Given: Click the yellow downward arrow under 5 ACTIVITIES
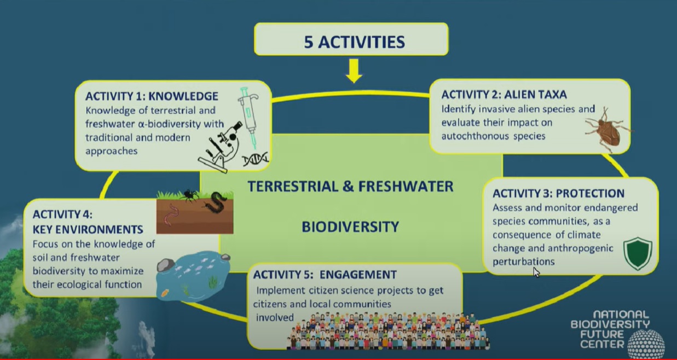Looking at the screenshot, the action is pyautogui.click(x=354, y=71).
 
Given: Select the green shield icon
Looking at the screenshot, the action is pyautogui.click(x=638, y=253).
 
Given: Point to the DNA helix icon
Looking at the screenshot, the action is pyautogui.click(x=256, y=159).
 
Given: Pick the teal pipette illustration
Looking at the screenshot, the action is pyautogui.click(x=249, y=118).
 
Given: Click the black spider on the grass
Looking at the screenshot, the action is pyautogui.click(x=189, y=195).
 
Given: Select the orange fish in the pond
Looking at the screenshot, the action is pyautogui.click(x=165, y=292).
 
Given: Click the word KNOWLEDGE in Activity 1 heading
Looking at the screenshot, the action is pyautogui.click(x=183, y=96).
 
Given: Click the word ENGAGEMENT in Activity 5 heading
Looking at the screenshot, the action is pyautogui.click(x=358, y=275).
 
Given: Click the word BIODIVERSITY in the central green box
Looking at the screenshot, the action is pyautogui.click(x=350, y=227).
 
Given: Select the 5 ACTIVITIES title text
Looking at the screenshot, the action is pyautogui.click(x=354, y=42).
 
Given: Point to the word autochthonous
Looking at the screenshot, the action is pyautogui.click(x=474, y=136).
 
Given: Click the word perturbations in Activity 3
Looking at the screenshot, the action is pyautogui.click(x=523, y=262).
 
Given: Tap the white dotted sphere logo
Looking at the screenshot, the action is pyautogui.click(x=646, y=344).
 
